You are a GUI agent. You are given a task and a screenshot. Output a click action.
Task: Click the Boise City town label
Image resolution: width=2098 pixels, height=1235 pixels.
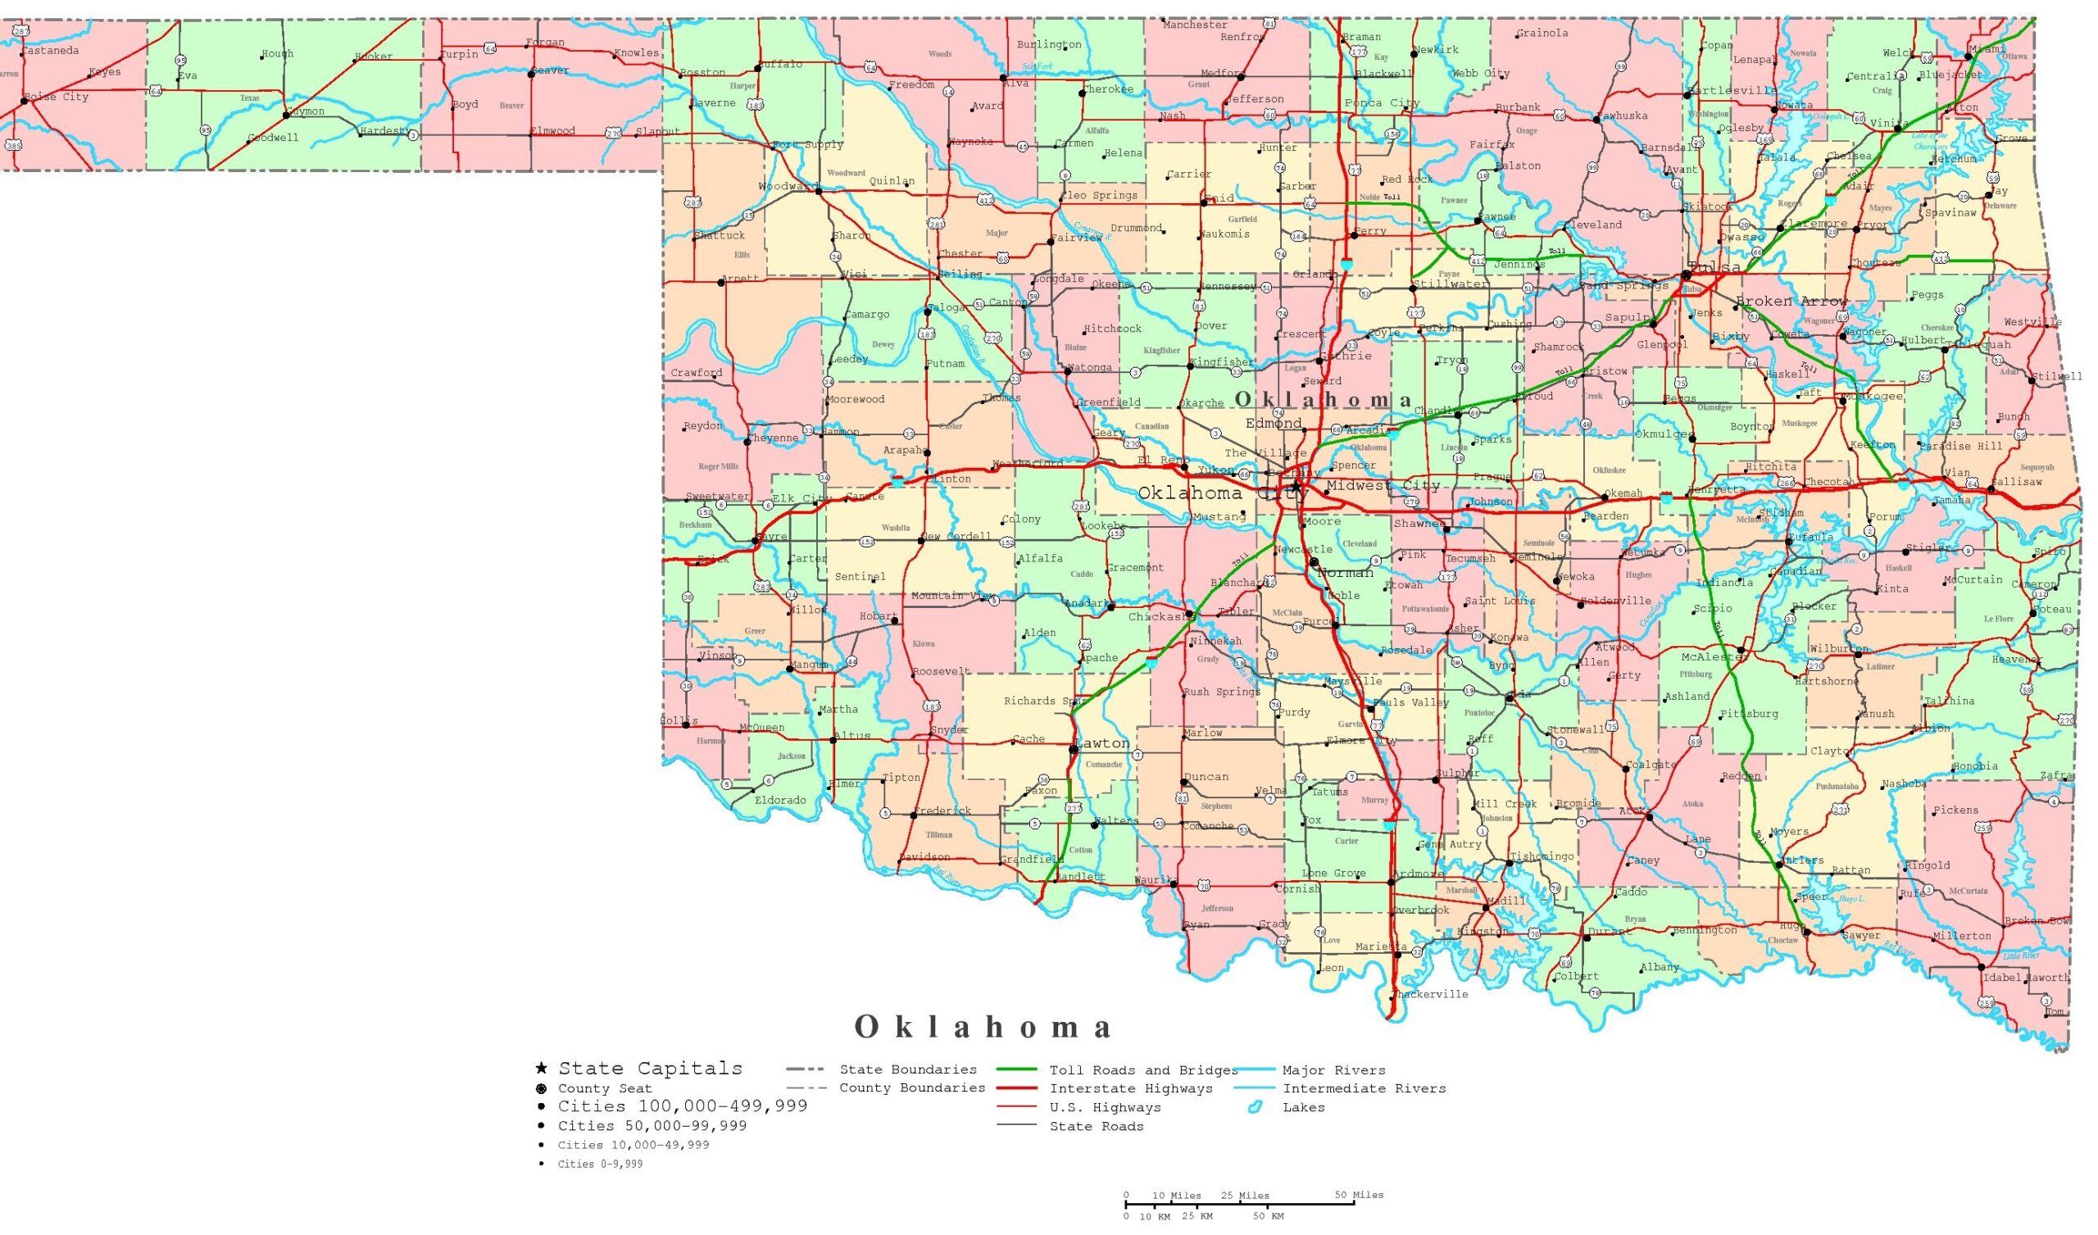point(56,98)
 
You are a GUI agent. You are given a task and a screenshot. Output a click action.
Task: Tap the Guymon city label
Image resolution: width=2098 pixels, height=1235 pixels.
point(305,111)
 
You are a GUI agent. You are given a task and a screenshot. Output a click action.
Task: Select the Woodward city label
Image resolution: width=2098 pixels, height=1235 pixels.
point(787,187)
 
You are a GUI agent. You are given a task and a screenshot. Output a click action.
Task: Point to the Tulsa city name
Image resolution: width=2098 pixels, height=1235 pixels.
point(1714,268)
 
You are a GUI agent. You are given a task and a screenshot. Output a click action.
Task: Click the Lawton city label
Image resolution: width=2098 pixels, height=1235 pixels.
point(1102,742)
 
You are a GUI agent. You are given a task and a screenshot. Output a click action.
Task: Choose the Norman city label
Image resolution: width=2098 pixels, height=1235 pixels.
point(1345,573)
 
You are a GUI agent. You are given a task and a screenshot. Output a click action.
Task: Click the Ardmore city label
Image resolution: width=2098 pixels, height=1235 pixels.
point(1419,874)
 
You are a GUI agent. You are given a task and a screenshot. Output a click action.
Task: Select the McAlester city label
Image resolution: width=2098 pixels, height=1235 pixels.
point(1714,657)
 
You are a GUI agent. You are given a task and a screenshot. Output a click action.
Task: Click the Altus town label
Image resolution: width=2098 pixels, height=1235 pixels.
point(851,736)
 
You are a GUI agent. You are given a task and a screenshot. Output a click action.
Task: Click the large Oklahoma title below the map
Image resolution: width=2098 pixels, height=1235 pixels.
point(983,1028)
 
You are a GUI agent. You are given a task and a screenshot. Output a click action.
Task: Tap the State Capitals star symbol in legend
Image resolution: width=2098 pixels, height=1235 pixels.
point(541,1069)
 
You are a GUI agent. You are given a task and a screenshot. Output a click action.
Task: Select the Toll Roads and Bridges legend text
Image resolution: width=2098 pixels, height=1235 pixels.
point(1143,1071)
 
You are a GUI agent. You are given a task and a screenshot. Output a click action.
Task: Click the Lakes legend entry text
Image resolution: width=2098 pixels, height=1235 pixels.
point(1303,1108)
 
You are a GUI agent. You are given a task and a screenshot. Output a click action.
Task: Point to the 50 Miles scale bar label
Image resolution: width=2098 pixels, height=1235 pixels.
point(1359,1195)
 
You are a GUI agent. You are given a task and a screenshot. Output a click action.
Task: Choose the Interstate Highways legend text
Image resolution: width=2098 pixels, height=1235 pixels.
point(1131,1089)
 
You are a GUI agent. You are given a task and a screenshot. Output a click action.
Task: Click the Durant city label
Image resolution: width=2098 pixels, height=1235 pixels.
point(1609,932)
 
